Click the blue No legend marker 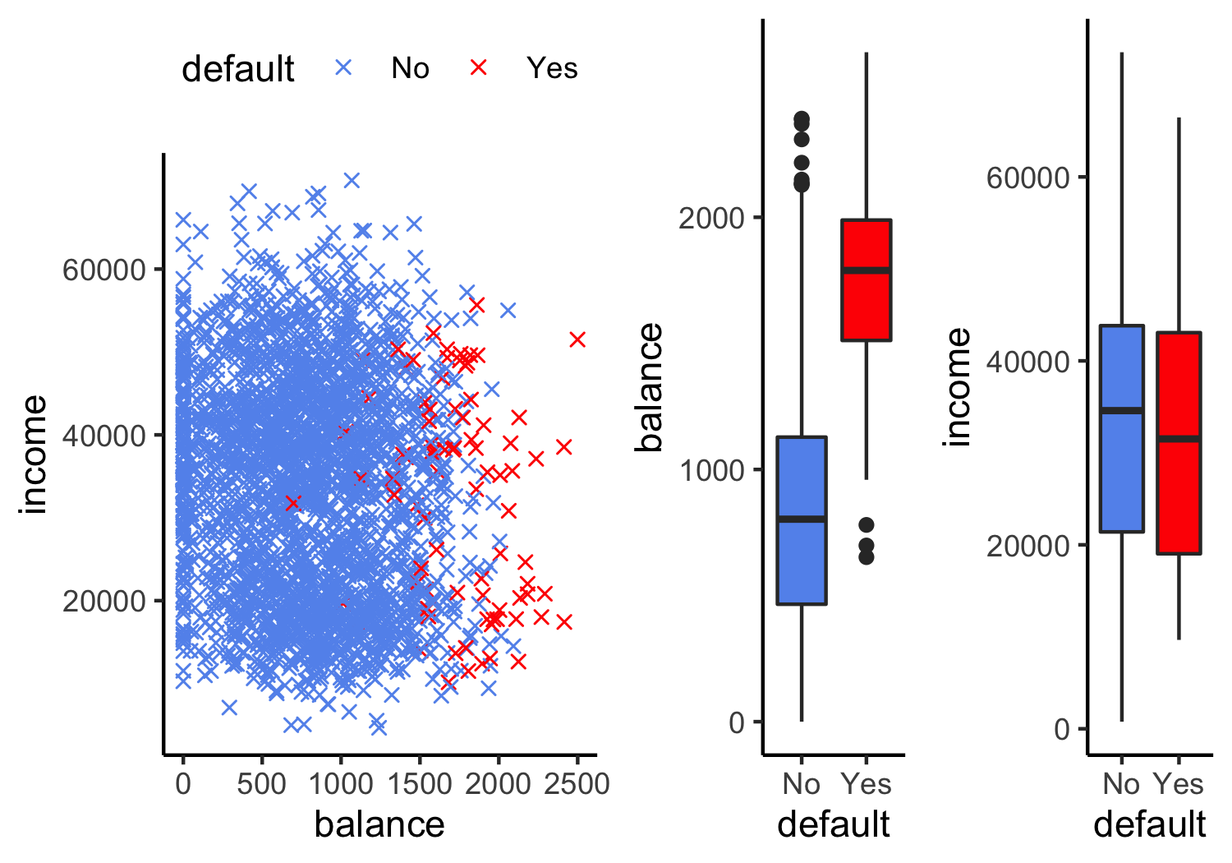click(344, 68)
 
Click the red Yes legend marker click(479, 68)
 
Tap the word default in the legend click(237, 69)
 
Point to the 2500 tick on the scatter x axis click(577, 783)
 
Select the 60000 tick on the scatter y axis click(103, 270)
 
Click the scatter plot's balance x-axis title click(379, 824)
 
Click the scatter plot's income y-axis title click(34, 455)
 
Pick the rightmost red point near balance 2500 click(577, 339)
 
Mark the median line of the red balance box click(866, 270)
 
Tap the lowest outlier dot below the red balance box click(867, 557)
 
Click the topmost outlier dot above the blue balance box click(802, 119)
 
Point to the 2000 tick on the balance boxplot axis click(711, 218)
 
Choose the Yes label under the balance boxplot click(866, 784)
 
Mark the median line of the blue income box click(1122, 410)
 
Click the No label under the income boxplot click(1121, 784)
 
